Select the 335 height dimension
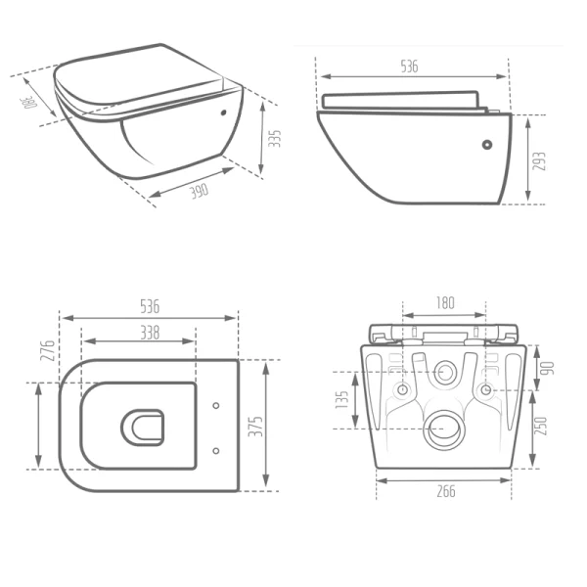tap(275, 139)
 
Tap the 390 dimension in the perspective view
tap(199, 191)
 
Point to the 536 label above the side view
tap(409, 67)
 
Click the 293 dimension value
tap(539, 161)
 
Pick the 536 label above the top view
tap(150, 306)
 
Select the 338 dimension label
tap(150, 332)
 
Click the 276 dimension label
tap(48, 350)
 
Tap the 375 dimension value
tap(256, 426)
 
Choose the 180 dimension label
tap(445, 302)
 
